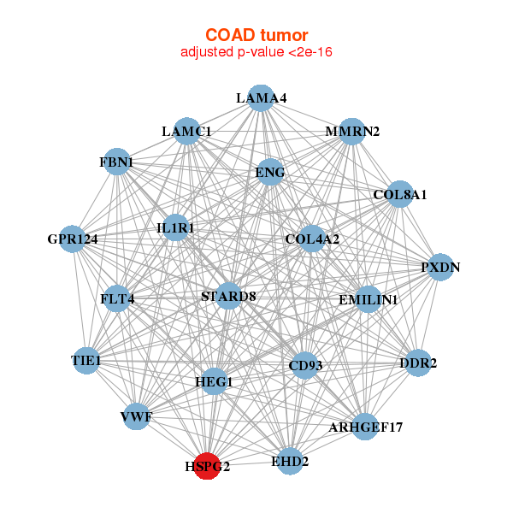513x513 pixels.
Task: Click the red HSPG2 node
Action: [207, 466]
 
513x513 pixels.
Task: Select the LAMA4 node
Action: [261, 97]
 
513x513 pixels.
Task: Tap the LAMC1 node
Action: [186, 131]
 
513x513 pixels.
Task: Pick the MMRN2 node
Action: [351, 131]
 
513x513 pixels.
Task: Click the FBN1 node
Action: [116, 162]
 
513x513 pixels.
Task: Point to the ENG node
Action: [270, 172]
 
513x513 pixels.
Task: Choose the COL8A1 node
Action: [399, 194]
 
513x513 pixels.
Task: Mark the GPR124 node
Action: [74, 239]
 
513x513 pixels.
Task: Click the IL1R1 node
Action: [176, 228]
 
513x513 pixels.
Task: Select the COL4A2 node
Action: [312, 239]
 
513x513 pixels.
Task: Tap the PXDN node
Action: [440, 267]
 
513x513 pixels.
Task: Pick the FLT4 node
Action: [117, 299]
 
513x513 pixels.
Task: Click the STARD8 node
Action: [228, 296]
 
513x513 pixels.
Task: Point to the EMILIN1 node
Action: [369, 299]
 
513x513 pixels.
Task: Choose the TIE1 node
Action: [86, 362]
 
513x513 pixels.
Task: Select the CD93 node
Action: [305, 366]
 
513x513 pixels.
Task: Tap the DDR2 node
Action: [417, 363]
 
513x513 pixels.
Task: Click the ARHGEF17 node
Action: [365, 426]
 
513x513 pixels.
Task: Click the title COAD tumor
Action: [256, 34]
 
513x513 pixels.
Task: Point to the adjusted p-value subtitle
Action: [256, 52]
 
